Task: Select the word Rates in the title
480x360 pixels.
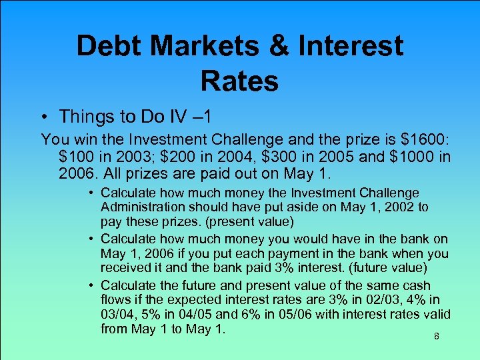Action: [239, 81]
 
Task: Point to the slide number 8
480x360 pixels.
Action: [436, 337]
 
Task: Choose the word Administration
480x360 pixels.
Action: [141, 207]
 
